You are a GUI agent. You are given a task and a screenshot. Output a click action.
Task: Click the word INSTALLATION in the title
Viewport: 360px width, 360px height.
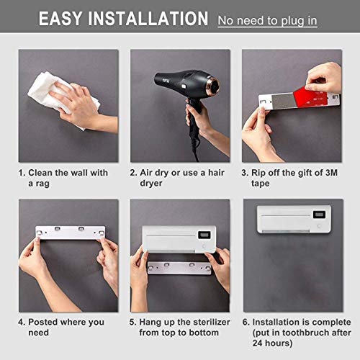(153, 19)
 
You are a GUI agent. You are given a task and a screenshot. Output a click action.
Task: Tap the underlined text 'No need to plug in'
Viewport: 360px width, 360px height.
(267, 20)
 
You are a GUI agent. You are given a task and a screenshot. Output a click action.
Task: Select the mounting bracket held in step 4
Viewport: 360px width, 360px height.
(70, 233)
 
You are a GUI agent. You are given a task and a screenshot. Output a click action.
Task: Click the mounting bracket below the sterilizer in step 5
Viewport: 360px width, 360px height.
(179, 268)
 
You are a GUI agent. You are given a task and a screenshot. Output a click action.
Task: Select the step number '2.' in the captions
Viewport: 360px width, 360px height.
(134, 173)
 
